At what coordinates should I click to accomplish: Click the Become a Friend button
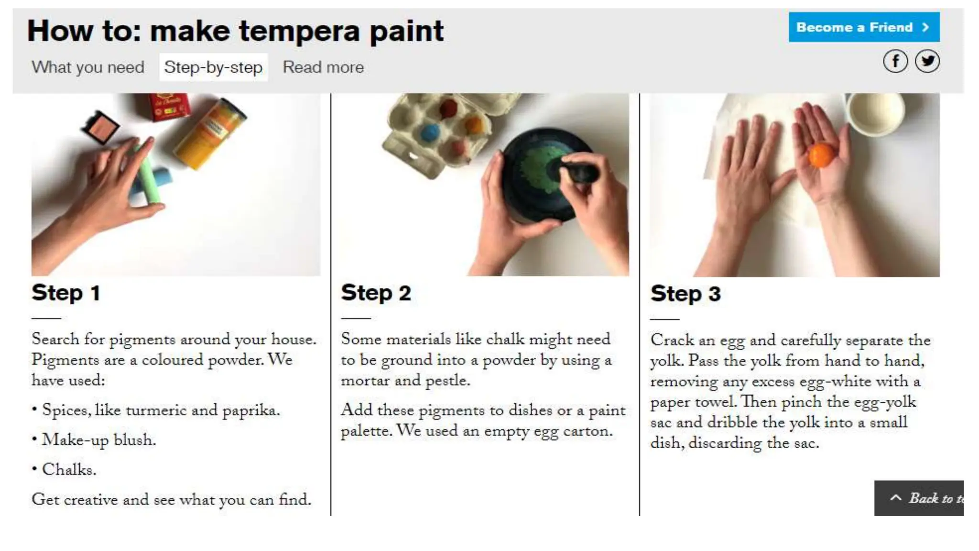[x=864, y=27]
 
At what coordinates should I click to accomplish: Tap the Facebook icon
[x=895, y=61]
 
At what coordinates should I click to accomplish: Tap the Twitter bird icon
[x=927, y=61]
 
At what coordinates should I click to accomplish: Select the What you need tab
[x=88, y=67]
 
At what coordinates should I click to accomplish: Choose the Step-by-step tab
[x=213, y=67]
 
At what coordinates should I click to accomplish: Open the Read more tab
[x=323, y=67]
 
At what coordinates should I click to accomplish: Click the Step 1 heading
[x=66, y=293]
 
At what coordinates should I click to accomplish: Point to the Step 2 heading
[x=376, y=293]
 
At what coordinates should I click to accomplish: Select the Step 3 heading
[x=685, y=294]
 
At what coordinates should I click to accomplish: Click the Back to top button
[x=919, y=498]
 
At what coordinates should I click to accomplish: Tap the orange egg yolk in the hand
[x=822, y=155]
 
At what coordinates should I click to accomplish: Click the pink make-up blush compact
[x=101, y=127]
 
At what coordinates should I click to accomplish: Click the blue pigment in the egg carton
[x=430, y=132]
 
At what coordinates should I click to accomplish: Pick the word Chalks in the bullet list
[x=69, y=470]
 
